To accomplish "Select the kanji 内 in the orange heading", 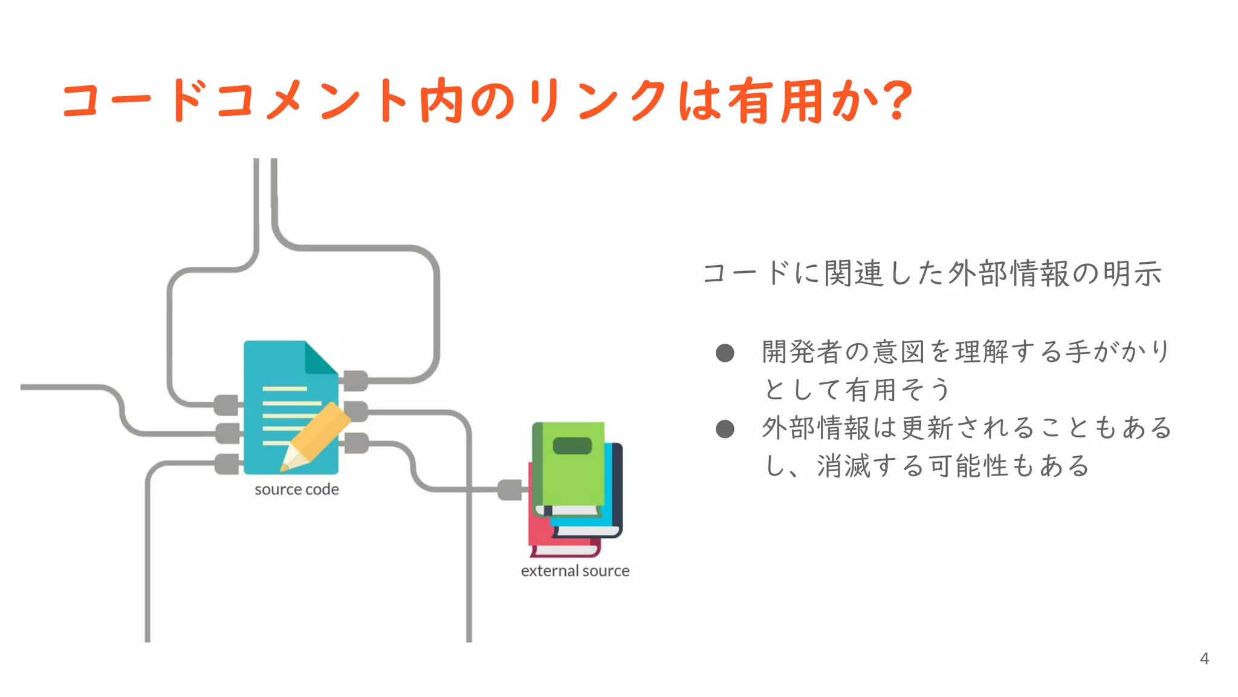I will point(441,100).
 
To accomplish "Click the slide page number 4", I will point(1204,658).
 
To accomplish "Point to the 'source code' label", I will point(296,489).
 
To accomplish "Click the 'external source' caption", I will point(575,571).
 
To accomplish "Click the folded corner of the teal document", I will point(320,358).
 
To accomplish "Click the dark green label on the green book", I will point(572,446).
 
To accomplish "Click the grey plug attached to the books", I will point(510,489).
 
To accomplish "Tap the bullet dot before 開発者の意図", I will point(725,353).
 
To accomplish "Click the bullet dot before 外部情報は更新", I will point(725,429).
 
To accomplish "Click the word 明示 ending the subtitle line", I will point(1132,273).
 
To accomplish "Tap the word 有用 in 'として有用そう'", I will point(870,390).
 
